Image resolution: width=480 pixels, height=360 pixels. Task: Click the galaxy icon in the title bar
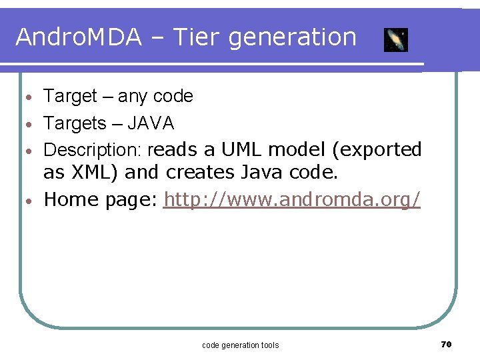396,40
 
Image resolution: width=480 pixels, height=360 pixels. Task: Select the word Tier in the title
197,37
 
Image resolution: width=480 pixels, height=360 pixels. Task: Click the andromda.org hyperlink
292,199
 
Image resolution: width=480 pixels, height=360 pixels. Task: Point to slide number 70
447,344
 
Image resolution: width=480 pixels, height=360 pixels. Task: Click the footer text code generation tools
240,345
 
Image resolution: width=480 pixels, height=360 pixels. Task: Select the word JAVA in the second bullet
151,123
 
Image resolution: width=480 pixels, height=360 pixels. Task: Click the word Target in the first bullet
70,97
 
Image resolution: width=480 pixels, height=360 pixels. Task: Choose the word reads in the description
174,149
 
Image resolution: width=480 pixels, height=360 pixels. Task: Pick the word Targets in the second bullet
75,123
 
